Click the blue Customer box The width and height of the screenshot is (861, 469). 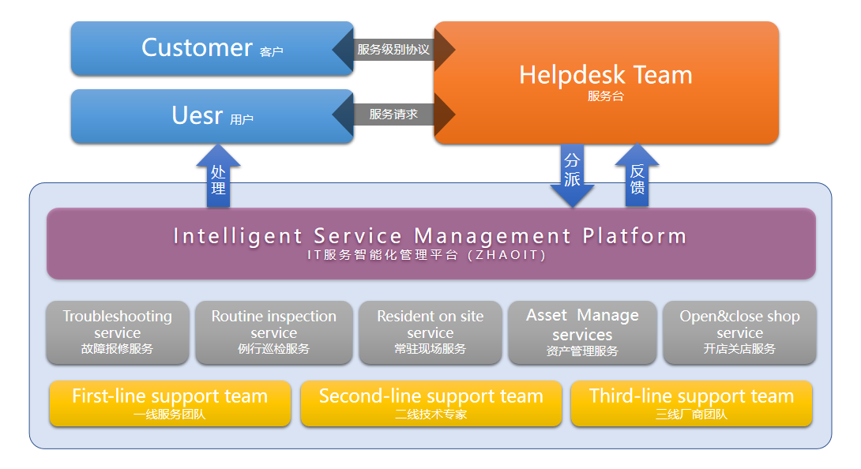coord(212,48)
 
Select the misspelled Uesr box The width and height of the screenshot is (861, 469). coord(212,116)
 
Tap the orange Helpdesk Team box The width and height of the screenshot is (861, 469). coord(606,82)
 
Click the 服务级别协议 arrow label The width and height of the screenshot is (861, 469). coord(393,49)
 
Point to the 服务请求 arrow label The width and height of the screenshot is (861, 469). coord(393,114)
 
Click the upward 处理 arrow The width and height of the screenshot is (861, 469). coord(219,178)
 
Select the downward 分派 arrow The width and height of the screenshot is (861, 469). coord(572,175)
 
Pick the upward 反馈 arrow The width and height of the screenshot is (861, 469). coord(637,177)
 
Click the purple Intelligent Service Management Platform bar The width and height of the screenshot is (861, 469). coord(430,243)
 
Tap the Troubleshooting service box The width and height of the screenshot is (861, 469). coord(118,332)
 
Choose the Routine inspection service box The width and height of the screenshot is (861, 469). coord(274,332)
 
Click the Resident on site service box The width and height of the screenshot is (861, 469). coord(430,332)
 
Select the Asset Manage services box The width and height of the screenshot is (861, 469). coord(582,332)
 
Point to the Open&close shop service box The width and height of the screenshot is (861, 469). coord(739,332)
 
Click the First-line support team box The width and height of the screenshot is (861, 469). coord(170,403)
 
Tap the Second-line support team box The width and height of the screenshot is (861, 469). coord(431,403)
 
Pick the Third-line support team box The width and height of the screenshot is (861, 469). coord(691,403)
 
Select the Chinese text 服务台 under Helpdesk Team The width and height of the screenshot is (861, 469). coord(606,96)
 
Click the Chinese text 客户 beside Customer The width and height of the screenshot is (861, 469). coord(271,52)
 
